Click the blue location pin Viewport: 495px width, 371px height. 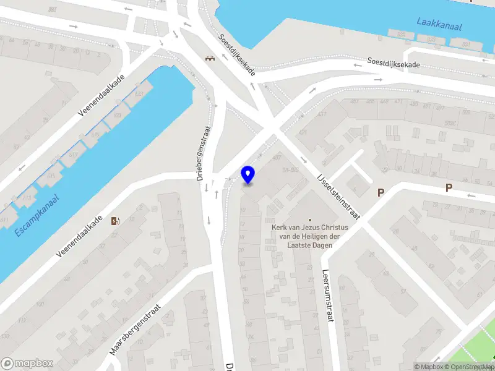[x=248, y=175]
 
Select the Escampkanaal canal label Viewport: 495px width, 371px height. [x=37, y=216]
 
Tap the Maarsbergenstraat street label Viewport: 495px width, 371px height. [x=135, y=329]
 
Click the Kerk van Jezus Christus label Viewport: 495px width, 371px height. [x=310, y=228]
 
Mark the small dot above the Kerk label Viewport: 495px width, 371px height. [x=310, y=219]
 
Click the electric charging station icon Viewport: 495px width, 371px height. [x=115, y=221]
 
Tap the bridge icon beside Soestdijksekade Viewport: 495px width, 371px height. [x=210, y=59]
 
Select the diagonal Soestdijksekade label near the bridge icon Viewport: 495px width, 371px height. [x=236, y=55]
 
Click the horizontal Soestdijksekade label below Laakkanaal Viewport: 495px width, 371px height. [x=394, y=62]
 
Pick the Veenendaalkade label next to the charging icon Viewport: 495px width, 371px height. [x=79, y=237]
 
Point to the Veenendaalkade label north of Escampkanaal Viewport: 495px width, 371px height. [x=101, y=95]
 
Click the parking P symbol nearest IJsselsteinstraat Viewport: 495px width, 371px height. [x=381, y=192]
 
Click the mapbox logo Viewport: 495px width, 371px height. [x=27, y=364]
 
